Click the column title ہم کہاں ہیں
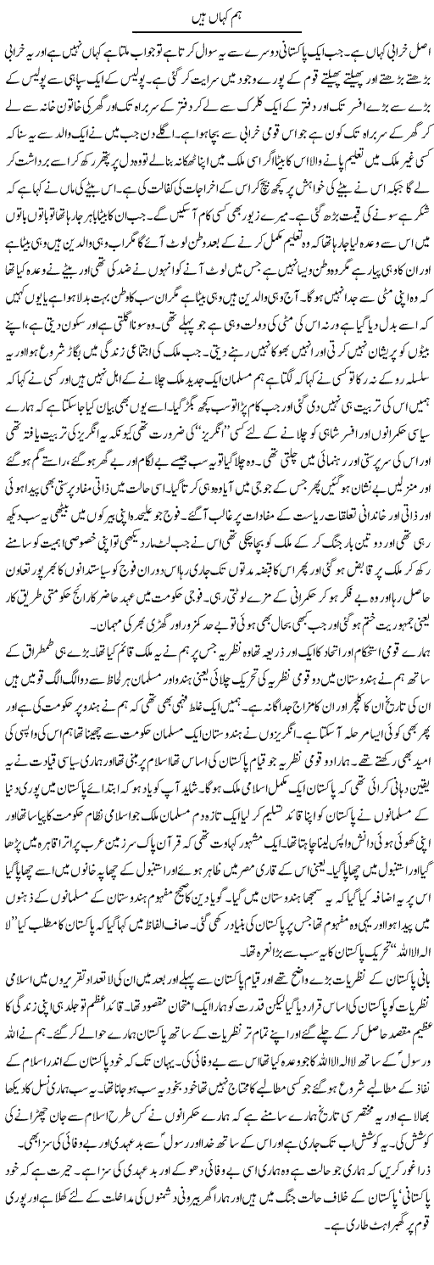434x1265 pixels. coord(217,12)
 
